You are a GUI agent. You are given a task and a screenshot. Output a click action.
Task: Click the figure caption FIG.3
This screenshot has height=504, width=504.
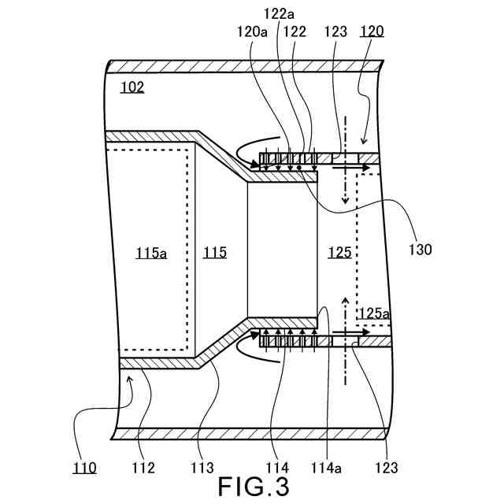click(254, 485)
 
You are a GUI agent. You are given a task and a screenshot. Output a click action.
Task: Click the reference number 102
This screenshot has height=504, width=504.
click(132, 87)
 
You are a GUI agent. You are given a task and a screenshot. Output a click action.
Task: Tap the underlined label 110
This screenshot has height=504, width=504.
click(84, 468)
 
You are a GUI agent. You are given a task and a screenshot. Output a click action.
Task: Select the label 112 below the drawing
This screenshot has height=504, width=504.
click(143, 468)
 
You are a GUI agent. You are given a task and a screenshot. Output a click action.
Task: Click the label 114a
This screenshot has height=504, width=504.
click(331, 468)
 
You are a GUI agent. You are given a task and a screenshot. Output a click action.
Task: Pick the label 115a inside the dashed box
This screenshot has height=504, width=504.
click(151, 253)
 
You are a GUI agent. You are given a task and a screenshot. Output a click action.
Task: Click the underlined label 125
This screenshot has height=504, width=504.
click(339, 253)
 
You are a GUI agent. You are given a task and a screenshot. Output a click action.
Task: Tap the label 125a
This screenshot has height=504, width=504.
click(374, 313)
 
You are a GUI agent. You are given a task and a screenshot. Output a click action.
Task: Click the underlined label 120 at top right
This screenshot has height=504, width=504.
click(372, 31)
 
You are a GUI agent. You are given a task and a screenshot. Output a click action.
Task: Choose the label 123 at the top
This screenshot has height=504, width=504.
click(334, 31)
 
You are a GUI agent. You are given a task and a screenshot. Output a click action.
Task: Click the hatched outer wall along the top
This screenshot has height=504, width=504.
click(244, 66)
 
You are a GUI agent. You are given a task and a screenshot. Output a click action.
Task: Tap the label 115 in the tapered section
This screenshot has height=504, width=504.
click(214, 253)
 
